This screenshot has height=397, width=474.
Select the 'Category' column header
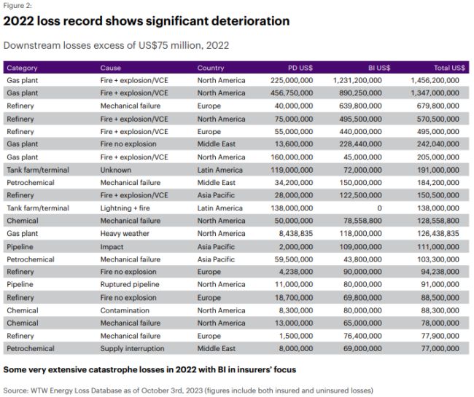(22, 68)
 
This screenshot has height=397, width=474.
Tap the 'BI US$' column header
(376, 68)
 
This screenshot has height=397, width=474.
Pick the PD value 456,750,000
(291, 93)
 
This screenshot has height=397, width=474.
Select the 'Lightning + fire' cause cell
(127, 208)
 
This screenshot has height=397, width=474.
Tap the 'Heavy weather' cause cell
(125, 234)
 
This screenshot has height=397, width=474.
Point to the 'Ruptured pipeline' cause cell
(130, 285)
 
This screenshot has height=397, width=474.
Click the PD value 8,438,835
(295, 234)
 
